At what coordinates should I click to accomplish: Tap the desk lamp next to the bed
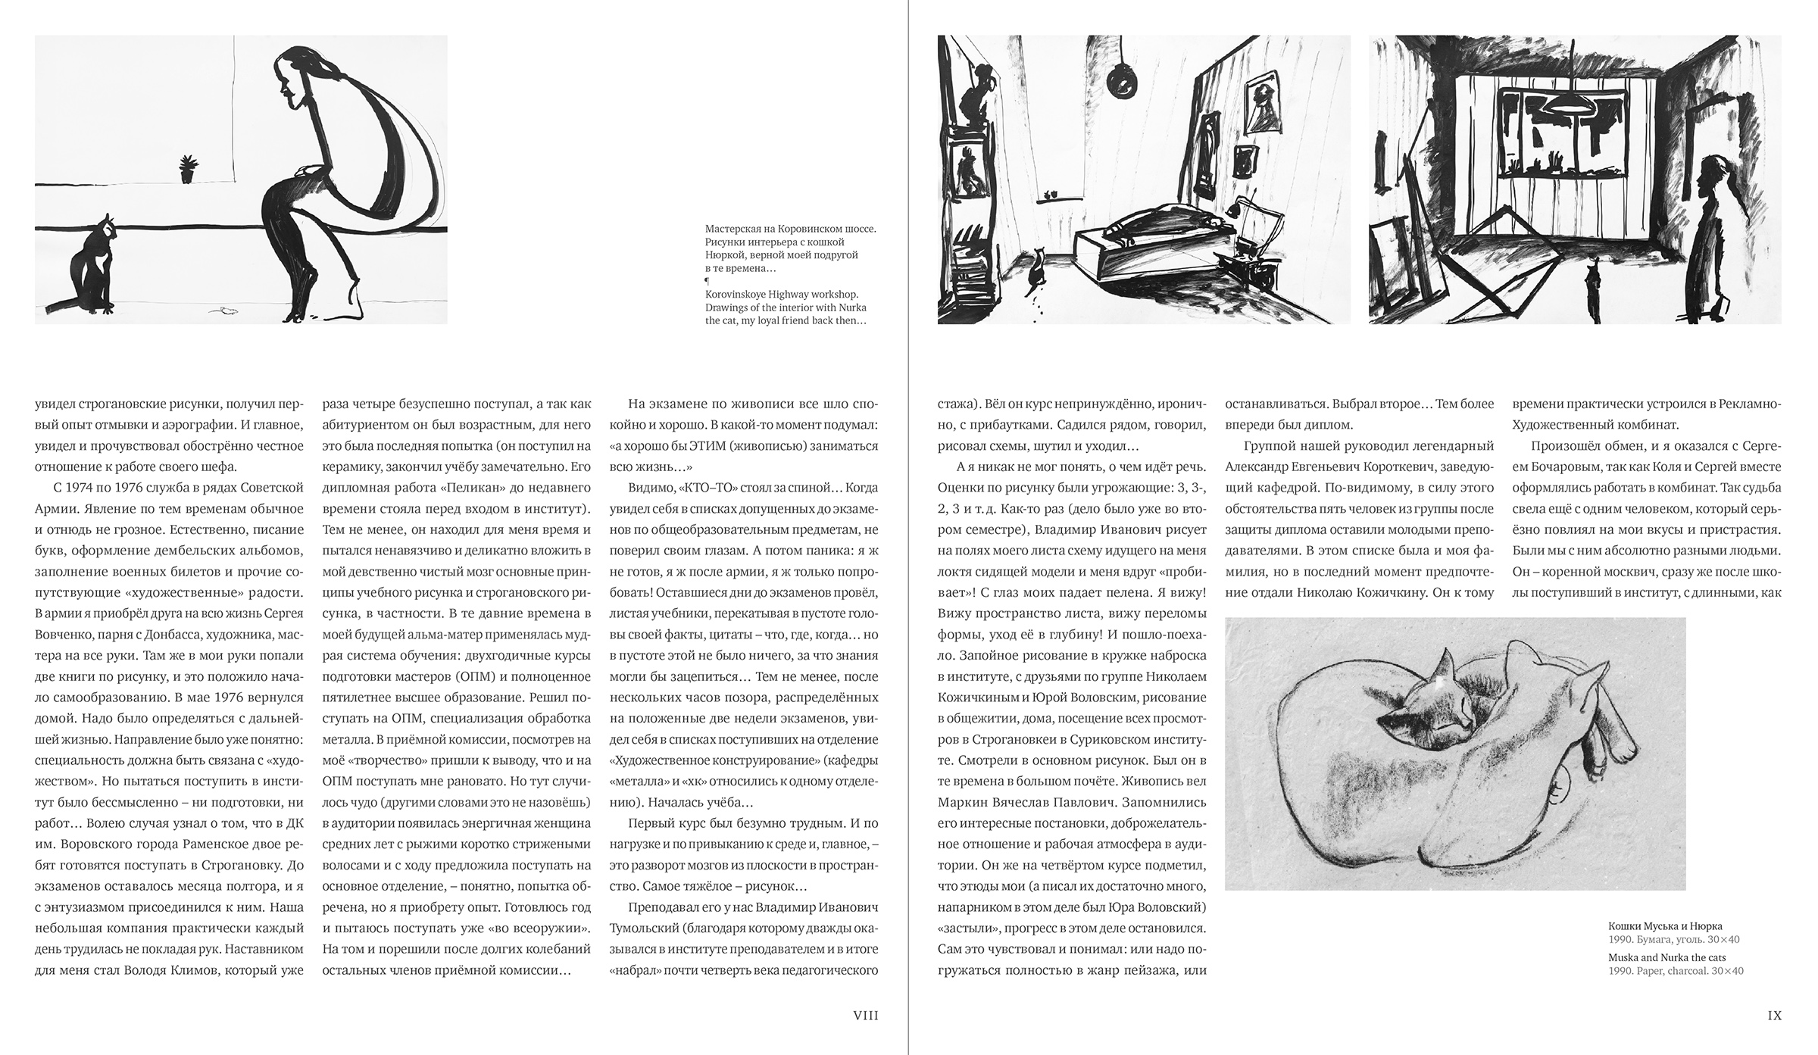click(x=1242, y=212)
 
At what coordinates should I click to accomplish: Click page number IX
click(x=1774, y=1016)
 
